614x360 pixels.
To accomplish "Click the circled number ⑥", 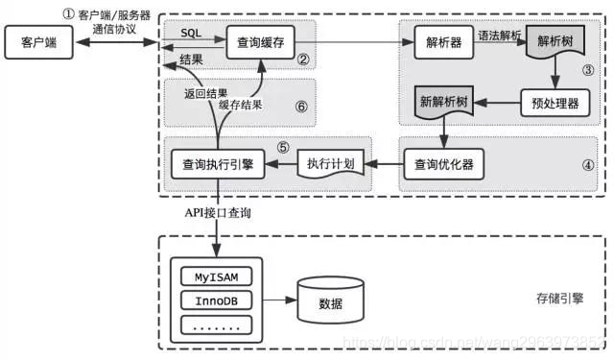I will coord(301,107).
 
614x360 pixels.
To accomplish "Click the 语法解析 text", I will coord(500,35).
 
